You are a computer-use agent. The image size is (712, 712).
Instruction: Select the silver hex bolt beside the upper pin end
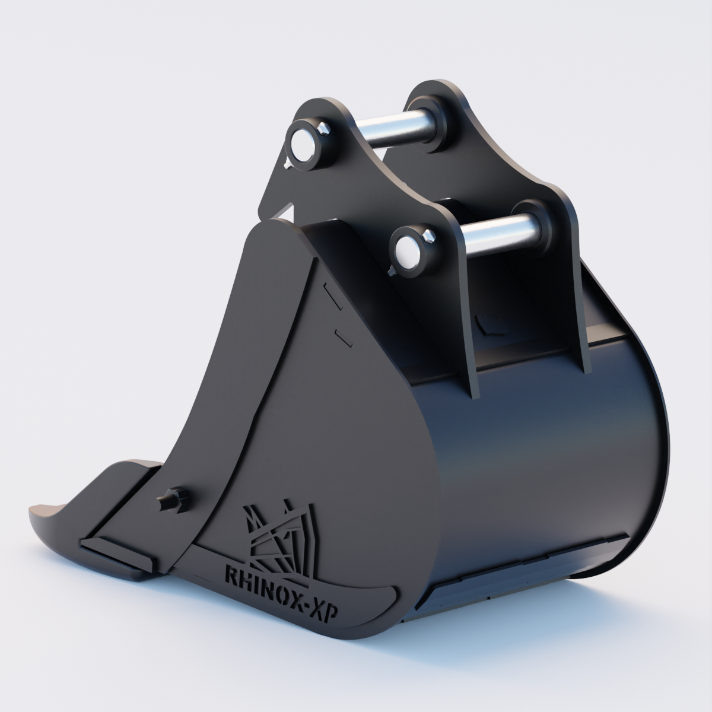click(x=323, y=128)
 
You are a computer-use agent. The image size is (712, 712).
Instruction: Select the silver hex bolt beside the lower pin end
click(x=428, y=236)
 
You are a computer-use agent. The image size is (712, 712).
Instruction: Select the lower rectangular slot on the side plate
click(x=344, y=338)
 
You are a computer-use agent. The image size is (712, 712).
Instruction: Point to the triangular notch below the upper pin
click(x=287, y=211)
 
